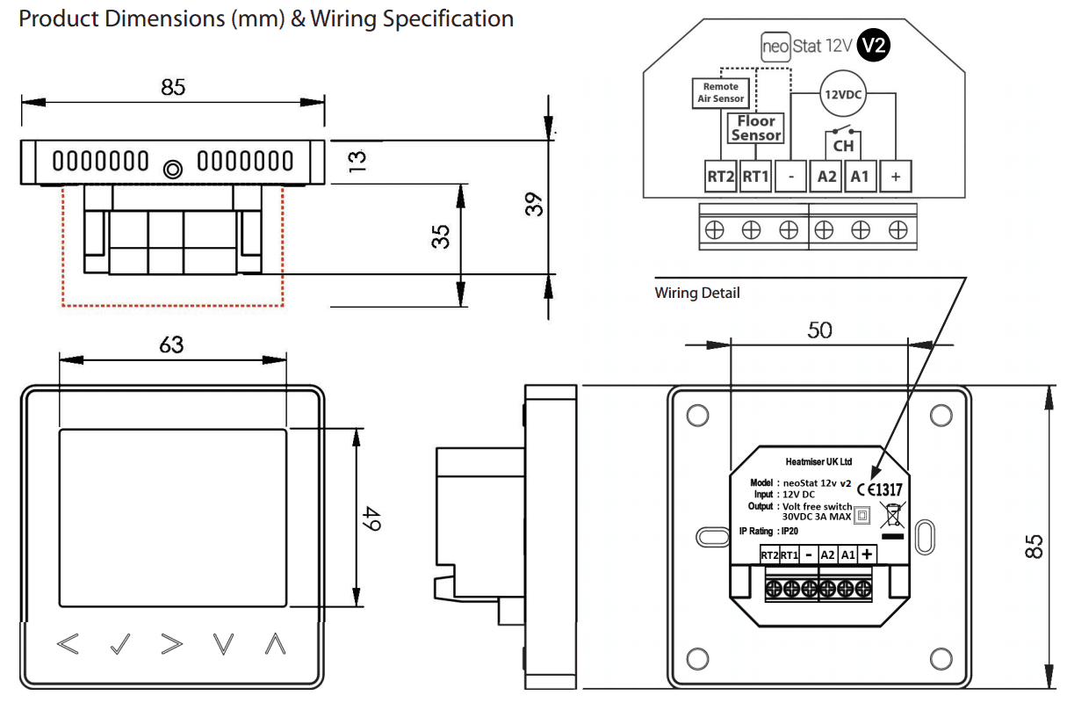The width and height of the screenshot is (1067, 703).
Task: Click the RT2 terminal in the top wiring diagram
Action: tap(720, 177)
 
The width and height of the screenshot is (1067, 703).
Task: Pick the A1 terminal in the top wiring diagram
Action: tap(860, 177)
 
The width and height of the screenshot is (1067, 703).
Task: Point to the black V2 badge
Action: tap(873, 46)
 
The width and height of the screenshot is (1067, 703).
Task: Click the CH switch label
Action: tap(843, 146)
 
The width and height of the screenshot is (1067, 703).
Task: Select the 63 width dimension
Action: tap(171, 344)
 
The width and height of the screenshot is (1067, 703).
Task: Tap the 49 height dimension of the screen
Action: tap(372, 518)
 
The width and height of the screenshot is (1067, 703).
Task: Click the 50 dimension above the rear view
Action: tap(819, 330)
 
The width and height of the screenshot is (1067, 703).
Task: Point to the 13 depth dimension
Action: tap(357, 161)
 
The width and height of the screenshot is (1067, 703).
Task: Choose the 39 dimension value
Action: tap(534, 205)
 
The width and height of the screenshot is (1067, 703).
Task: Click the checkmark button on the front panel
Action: tap(119, 644)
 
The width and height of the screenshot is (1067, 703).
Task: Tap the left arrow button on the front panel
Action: tap(68, 644)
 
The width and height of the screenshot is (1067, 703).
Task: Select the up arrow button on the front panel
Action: tap(276, 644)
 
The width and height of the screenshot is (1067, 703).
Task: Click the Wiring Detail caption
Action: tap(697, 293)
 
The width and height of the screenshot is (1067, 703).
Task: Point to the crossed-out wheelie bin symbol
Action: tap(892, 515)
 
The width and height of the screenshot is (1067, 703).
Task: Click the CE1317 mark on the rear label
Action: tap(880, 489)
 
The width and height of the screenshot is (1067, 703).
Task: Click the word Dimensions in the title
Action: tap(164, 19)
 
